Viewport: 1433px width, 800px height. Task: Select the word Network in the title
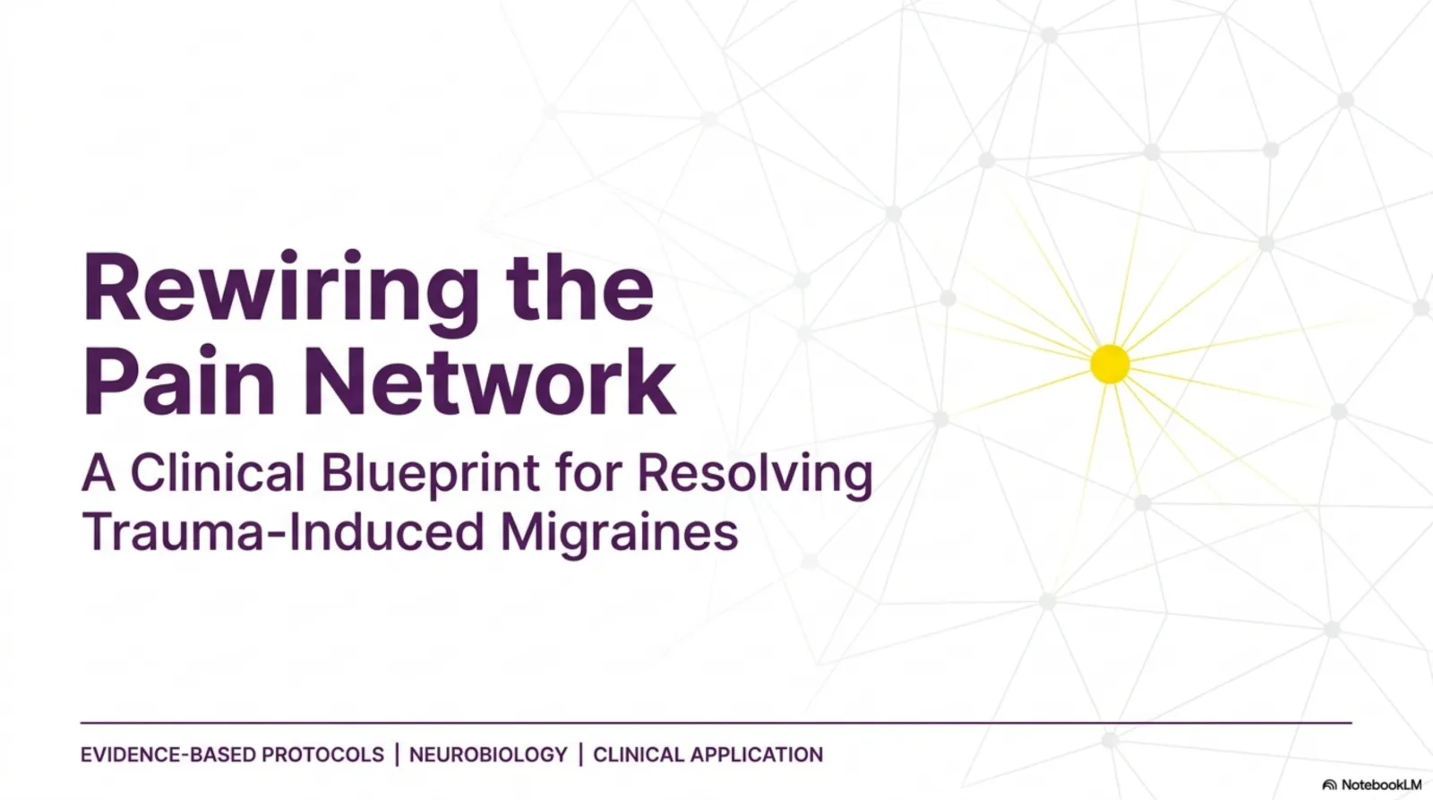(x=489, y=382)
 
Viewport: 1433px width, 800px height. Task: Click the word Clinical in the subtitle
(x=218, y=473)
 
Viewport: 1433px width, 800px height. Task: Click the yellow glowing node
(x=1110, y=364)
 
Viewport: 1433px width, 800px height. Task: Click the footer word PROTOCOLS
(x=322, y=754)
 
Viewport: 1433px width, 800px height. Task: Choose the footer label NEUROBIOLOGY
(x=488, y=754)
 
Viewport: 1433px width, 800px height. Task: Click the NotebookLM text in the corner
(x=1381, y=785)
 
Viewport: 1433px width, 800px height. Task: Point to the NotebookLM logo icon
(x=1329, y=786)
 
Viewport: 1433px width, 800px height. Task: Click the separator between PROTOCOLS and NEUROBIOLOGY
(x=398, y=754)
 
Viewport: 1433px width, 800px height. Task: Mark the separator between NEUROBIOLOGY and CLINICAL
(x=581, y=754)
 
